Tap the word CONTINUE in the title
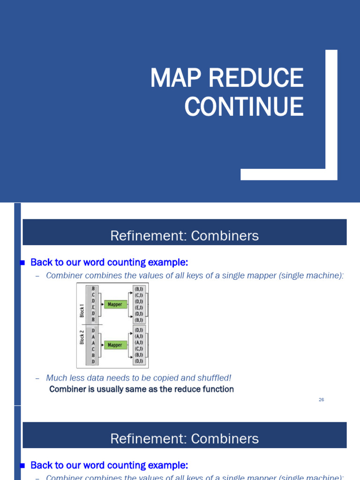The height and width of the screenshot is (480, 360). pyautogui.click(x=244, y=107)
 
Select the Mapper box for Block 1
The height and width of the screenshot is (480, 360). pyautogui.click(x=115, y=305)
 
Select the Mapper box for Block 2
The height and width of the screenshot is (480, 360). pyautogui.click(x=115, y=345)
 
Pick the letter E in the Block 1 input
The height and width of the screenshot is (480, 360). pyautogui.click(x=93, y=307)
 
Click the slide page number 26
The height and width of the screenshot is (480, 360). pyautogui.click(x=321, y=400)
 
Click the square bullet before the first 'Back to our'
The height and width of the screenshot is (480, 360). pyautogui.click(x=22, y=263)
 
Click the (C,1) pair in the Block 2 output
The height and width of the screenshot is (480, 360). pyautogui.click(x=139, y=349)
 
